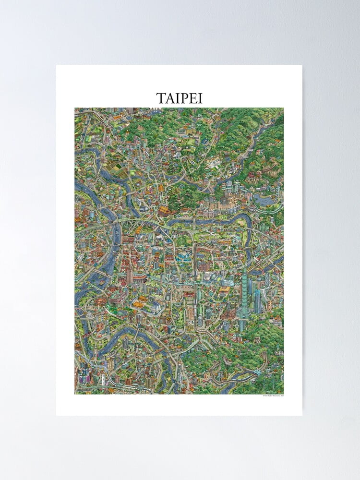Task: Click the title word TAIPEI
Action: coord(180,98)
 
